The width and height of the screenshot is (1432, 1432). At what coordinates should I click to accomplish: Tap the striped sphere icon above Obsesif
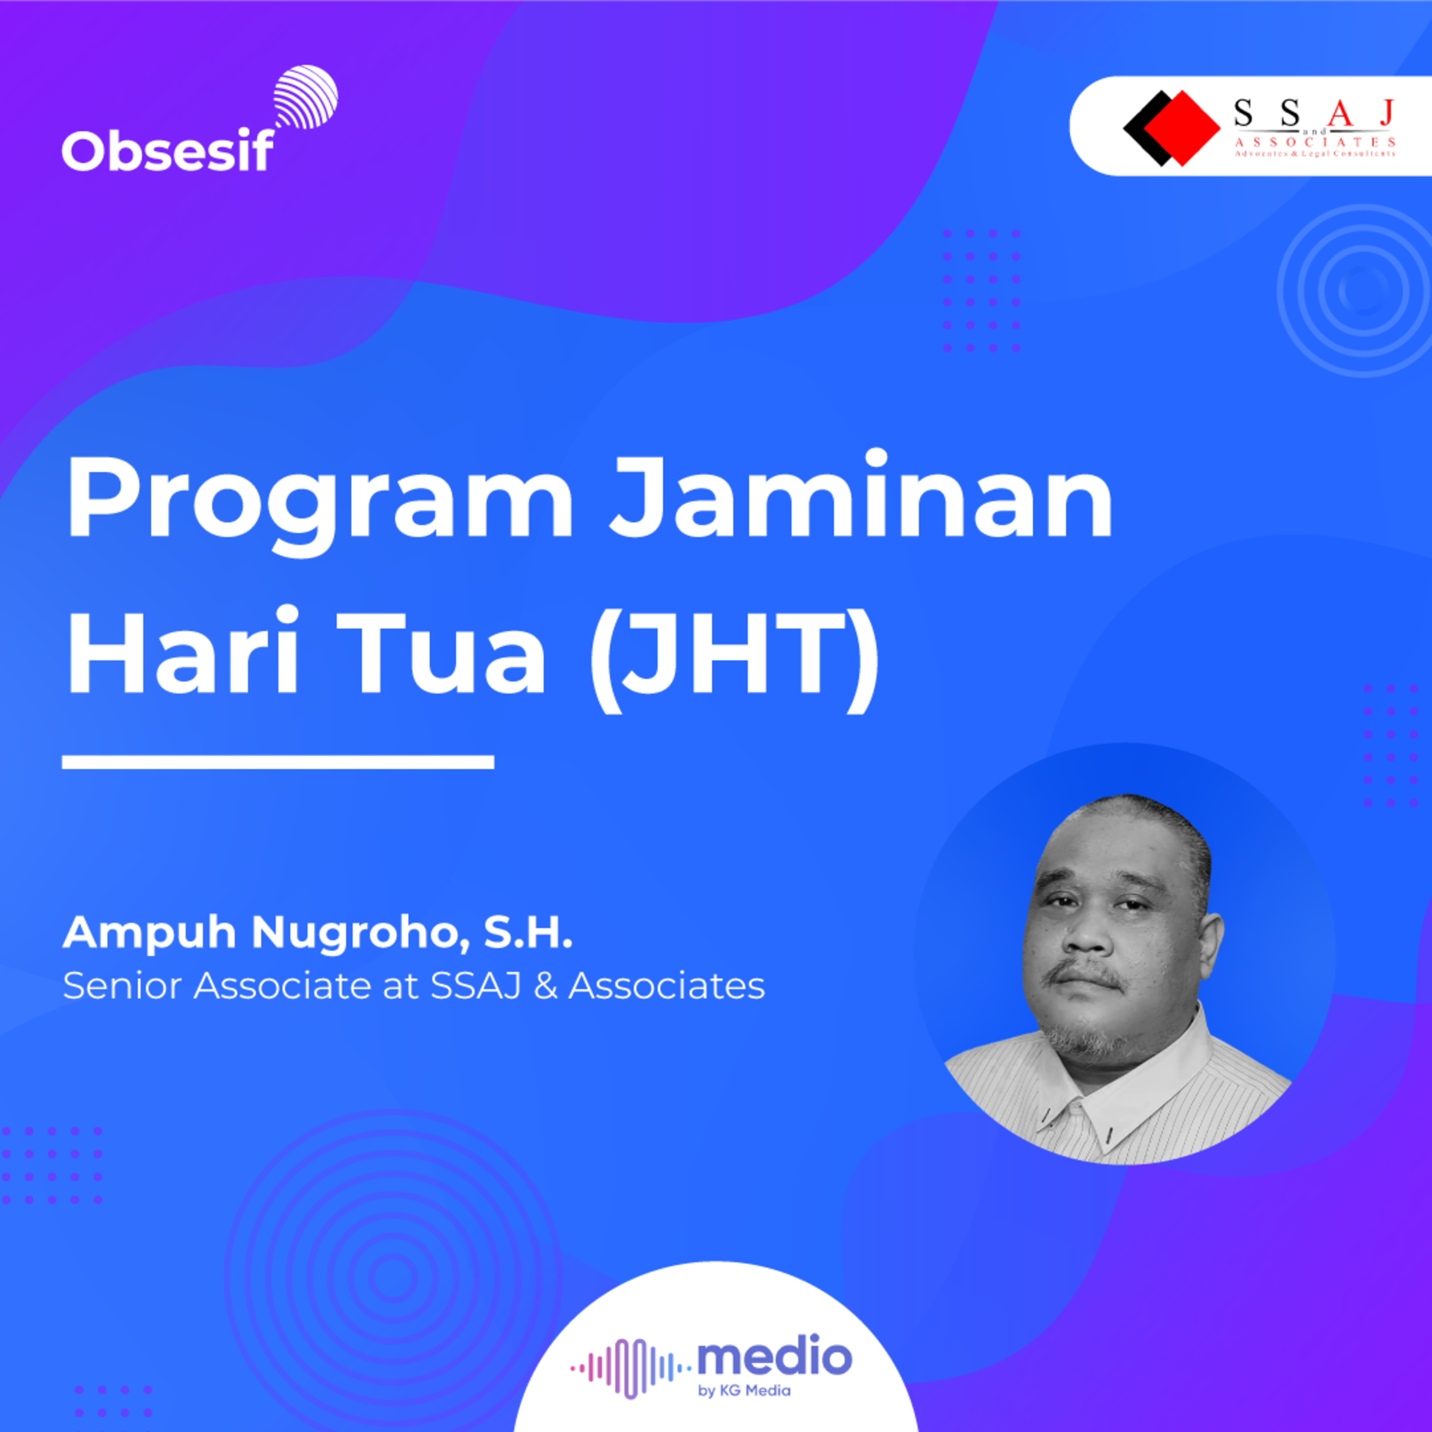pos(305,98)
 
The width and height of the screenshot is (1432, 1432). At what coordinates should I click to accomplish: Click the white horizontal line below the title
pos(278,761)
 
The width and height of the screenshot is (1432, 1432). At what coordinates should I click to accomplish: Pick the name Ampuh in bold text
pos(149,934)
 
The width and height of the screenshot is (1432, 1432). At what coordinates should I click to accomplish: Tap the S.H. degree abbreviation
pos(528,932)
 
